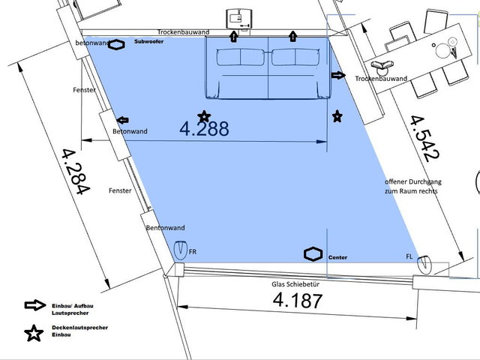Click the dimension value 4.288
204,128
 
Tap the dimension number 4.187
298,300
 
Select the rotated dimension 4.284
76,172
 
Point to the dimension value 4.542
425,139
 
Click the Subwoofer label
148,42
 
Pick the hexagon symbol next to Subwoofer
116,45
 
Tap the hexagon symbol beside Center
313,254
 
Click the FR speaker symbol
180,250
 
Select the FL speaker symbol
424,265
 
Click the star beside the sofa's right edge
337,116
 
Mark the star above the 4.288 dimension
204,117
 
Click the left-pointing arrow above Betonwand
123,120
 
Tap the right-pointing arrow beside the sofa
338,75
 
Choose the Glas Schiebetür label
295,284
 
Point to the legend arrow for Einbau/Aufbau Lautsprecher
35,305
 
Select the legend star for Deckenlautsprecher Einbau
34,333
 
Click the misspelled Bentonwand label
165,228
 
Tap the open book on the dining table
382,64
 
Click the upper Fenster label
84,90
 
